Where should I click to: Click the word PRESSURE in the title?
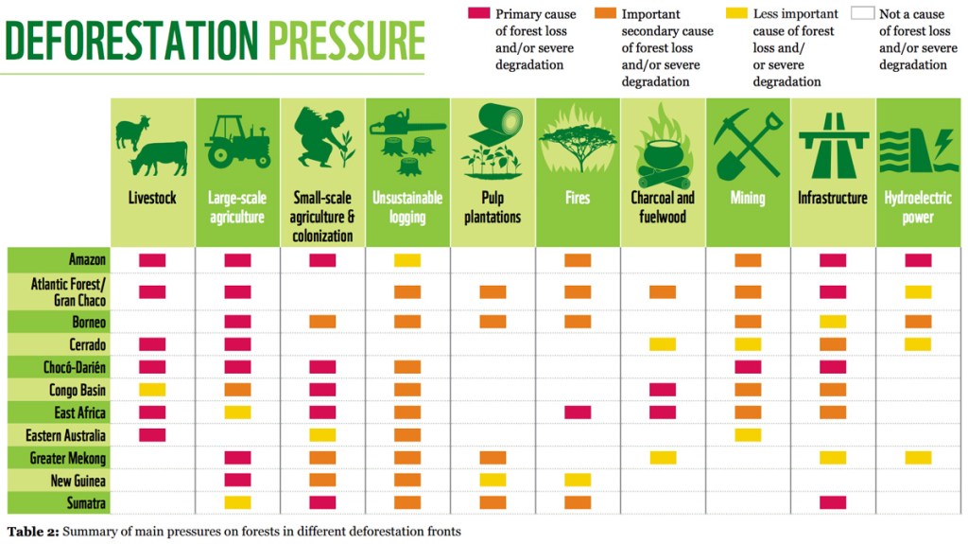coord(346,41)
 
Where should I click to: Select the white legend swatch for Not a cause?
coord(862,14)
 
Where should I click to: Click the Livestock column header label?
coord(152,199)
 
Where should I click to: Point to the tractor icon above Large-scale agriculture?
coord(237,142)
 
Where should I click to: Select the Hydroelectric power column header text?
coord(918,207)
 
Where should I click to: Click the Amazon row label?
coord(87,259)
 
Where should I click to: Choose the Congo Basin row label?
coord(78,390)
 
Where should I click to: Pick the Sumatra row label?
coord(84,501)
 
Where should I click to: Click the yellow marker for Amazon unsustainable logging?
coord(407,260)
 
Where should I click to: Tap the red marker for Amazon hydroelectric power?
coord(918,260)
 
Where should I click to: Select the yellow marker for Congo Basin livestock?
coord(152,390)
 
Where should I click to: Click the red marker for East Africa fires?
coord(578,412)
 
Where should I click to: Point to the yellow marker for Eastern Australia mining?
coord(748,435)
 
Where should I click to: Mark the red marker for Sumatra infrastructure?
coord(833,502)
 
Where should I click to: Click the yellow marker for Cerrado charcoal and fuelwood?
coord(663,344)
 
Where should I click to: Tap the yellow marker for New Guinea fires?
coord(578,480)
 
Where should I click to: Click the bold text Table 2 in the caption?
coord(34,532)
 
